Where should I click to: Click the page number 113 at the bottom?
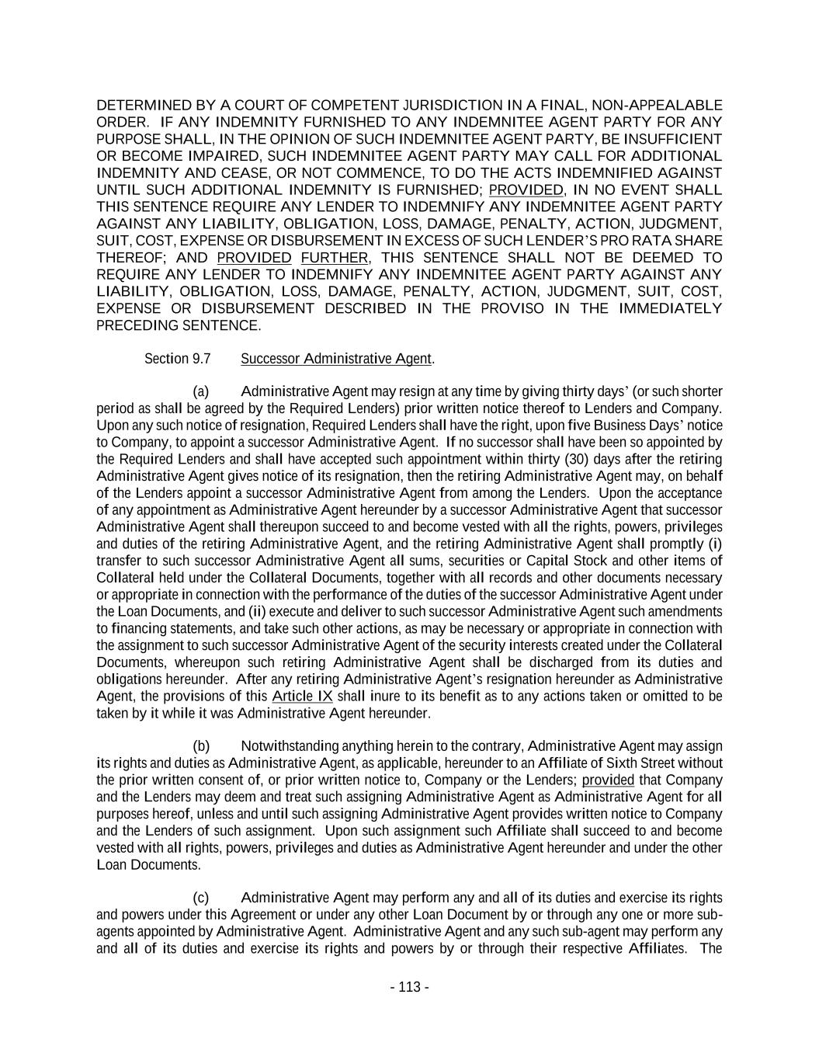(409, 987)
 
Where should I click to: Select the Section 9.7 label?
(177, 359)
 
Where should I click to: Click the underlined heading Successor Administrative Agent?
(336, 359)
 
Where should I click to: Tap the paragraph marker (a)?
(201, 391)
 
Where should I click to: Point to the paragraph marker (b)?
(201, 746)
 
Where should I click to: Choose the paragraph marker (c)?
(201, 898)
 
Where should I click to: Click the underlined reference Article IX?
(302, 696)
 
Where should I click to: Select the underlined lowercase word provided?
(608, 780)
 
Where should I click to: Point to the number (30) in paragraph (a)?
(576, 460)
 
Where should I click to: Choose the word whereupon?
(208, 662)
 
